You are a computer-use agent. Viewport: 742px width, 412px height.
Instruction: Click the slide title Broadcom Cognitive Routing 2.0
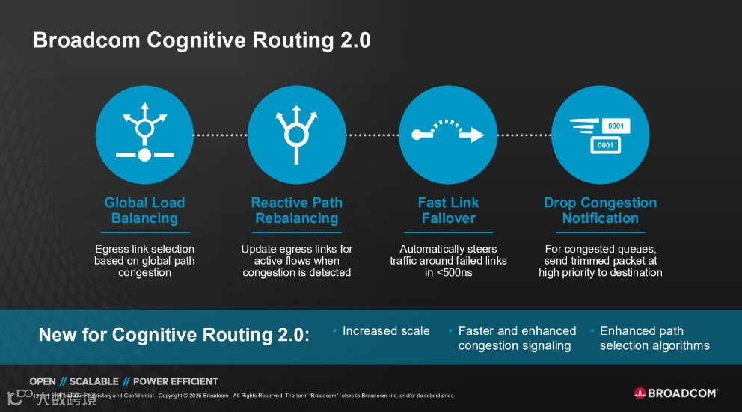pyautogui.click(x=201, y=40)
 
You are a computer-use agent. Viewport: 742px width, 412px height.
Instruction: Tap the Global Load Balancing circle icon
pyautogui.click(x=144, y=135)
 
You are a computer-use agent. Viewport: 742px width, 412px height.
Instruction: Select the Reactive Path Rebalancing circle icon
pyautogui.click(x=297, y=135)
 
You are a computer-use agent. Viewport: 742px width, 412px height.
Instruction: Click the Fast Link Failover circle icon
pyautogui.click(x=448, y=135)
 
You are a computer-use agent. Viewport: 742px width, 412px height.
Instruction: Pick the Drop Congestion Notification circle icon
pyautogui.click(x=600, y=135)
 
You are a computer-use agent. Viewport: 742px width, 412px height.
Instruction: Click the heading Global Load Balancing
pyautogui.click(x=144, y=210)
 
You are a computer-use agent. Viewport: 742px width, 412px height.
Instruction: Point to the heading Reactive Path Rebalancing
pyautogui.click(x=297, y=210)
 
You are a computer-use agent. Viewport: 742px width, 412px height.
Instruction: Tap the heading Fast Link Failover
pyautogui.click(x=448, y=210)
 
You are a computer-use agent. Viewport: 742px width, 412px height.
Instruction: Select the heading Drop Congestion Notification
pyautogui.click(x=600, y=210)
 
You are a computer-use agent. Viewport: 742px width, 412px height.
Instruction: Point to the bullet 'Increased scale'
pyautogui.click(x=386, y=330)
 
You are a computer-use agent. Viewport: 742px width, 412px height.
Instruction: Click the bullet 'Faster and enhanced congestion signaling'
pyautogui.click(x=516, y=338)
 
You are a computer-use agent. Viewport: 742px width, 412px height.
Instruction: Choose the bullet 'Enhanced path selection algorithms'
pyautogui.click(x=654, y=338)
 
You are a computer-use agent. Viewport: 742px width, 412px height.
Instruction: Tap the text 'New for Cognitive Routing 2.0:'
pyautogui.click(x=174, y=335)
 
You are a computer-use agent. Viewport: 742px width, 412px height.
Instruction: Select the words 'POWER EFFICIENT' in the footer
pyautogui.click(x=175, y=381)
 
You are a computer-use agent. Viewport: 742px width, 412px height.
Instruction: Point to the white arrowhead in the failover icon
pyautogui.click(x=476, y=135)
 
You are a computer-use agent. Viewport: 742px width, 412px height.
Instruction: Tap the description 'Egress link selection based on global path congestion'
pyautogui.click(x=144, y=261)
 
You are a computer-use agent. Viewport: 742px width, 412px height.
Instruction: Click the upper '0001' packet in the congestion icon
pyautogui.click(x=615, y=126)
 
